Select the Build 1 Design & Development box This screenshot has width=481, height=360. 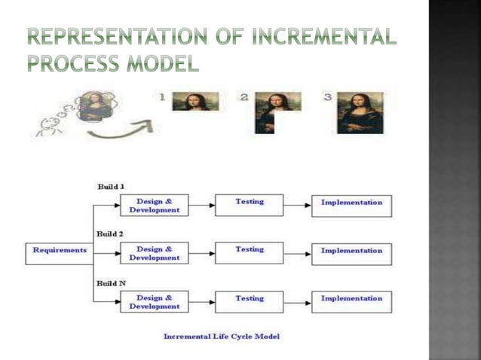[x=154, y=206]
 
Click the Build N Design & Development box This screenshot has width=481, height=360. [x=154, y=302]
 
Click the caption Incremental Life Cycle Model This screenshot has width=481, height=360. [x=221, y=336]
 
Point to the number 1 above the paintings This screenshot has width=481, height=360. [x=162, y=97]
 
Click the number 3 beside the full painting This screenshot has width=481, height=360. [x=327, y=97]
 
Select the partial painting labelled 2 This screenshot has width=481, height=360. [x=276, y=109]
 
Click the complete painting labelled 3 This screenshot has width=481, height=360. [x=360, y=112]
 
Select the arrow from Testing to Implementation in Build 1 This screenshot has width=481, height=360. [x=297, y=206]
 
